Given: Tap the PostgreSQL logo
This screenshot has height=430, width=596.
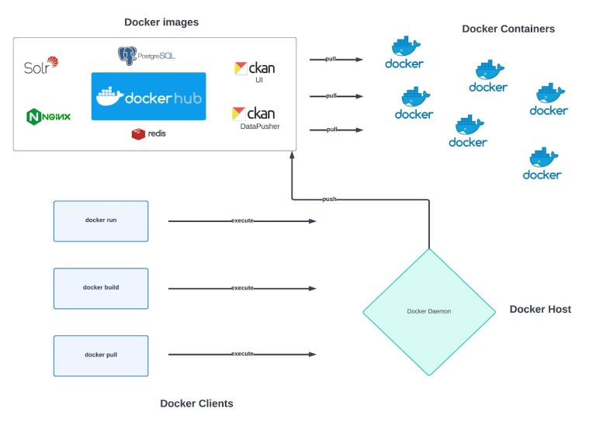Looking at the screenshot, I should (147, 56).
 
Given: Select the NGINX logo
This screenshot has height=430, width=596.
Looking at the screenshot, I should (48, 117).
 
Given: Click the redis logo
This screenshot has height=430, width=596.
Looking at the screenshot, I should (148, 134).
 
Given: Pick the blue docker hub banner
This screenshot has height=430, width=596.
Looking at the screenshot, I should (148, 96).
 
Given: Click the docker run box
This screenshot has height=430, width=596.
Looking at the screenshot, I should (101, 220).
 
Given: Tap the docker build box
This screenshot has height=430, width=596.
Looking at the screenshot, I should (101, 288).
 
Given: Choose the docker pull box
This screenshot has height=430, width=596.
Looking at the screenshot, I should (101, 355).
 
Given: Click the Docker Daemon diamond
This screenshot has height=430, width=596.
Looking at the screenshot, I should (429, 311).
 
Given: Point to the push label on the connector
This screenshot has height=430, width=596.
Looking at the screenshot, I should (329, 199).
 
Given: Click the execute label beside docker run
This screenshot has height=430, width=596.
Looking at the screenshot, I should (242, 221).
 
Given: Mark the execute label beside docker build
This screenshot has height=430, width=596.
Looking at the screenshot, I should (242, 288).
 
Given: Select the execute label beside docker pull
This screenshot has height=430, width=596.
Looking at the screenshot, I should (242, 355).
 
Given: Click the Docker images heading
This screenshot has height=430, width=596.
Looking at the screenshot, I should (161, 23).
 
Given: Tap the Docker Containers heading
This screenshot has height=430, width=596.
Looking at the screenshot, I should (508, 29).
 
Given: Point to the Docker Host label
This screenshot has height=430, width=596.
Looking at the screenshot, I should (540, 309).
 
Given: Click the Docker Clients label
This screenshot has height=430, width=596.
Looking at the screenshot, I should (196, 403).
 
